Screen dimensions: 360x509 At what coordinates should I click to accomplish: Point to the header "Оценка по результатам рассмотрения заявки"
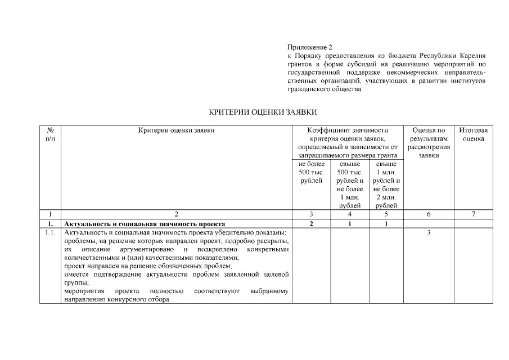[429, 143]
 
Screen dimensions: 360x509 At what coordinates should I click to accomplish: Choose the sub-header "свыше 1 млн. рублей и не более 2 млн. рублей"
[386, 184]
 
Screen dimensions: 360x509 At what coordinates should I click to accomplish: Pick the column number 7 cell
[473, 214]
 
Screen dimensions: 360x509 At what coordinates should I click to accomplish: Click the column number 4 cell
[349, 214]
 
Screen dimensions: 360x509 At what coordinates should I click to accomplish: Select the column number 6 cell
[429, 214]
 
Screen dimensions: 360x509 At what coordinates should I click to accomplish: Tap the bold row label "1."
[51, 223]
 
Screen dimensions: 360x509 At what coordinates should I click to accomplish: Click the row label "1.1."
[51, 232]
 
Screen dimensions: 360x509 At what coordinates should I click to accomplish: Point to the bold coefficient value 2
[312, 223]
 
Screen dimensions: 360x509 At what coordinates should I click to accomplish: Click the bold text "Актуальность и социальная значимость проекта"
[145, 223]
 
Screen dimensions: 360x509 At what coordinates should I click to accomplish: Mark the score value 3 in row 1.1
[429, 232]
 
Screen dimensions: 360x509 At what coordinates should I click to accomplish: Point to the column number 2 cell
[176, 214]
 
